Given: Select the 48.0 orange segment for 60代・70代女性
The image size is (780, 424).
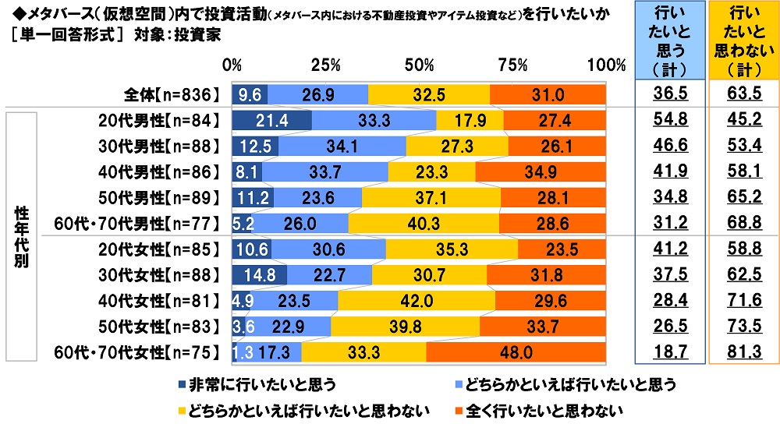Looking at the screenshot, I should pos(516,352).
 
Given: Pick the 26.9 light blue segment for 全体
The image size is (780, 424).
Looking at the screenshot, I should pos(318,93).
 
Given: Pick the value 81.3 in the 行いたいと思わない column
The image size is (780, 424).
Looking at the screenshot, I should pos(744,352).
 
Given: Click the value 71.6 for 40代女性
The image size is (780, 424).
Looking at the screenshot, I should pos(744,301).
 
